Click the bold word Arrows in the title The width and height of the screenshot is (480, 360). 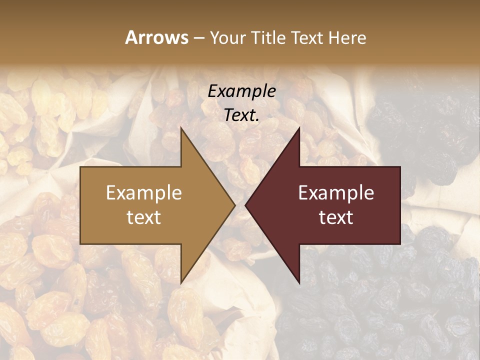click(156, 37)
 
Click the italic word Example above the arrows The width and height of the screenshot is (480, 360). click(242, 91)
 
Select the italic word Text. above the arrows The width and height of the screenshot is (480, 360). click(242, 115)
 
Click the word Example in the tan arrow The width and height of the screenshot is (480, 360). click(144, 193)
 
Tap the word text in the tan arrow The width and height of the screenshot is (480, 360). click(144, 217)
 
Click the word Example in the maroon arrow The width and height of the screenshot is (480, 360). click(336, 193)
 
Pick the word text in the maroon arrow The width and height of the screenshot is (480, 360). click(336, 217)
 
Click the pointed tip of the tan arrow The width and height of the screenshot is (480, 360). click(234, 205)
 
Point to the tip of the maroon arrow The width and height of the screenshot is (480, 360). click(246, 205)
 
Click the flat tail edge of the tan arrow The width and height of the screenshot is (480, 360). click(81, 205)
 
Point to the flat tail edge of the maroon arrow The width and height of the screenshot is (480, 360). click(399, 205)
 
